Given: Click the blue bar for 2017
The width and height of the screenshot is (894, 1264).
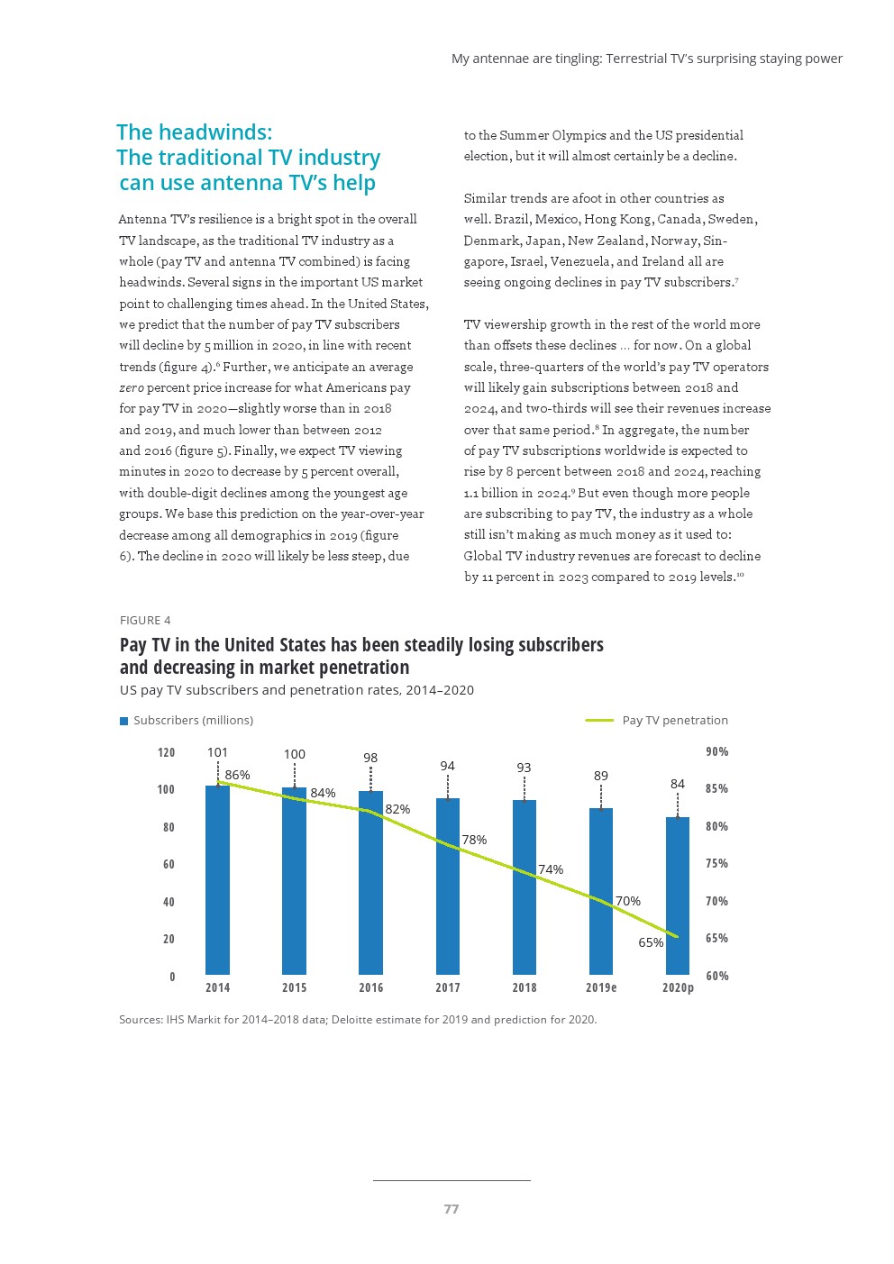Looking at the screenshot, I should point(448,887).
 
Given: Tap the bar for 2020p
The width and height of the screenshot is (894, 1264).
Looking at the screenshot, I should point(678,896).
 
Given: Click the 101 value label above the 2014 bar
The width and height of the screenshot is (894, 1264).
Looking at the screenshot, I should point(217,752).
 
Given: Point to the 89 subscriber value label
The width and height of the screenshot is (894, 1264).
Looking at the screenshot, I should point(601,776).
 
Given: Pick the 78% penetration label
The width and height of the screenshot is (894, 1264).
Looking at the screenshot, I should point(474,840).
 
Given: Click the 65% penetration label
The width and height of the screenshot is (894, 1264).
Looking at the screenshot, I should point(651,942).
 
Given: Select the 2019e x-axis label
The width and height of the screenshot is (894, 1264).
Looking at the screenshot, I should point(601,987).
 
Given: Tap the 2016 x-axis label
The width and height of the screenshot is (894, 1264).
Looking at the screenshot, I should point(371,987).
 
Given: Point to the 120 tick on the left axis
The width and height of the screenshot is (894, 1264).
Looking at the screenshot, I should point(167,752).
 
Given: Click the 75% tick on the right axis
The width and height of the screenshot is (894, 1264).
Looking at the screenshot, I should point(716,863).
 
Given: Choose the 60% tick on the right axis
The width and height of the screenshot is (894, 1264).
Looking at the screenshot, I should point(717,976).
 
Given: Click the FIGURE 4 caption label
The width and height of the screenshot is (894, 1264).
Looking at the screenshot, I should point(145,620).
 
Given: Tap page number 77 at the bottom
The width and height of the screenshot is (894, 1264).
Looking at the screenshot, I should point(452,1209).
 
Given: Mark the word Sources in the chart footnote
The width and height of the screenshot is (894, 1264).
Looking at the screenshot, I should point(140,1020).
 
